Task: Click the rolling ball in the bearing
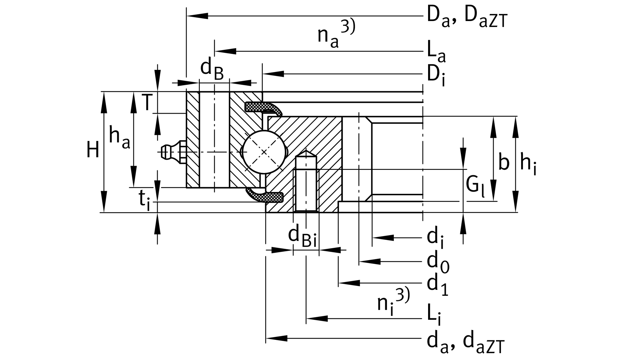(264, 152)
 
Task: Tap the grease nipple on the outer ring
(172, 152)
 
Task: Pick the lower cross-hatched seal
(265, 196)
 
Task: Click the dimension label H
(93, 150)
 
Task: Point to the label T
(147, 102)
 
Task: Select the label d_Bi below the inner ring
(302, 237)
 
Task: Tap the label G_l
(475, 185)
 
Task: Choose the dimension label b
(504, 163)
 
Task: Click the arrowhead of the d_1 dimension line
(349, 283)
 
